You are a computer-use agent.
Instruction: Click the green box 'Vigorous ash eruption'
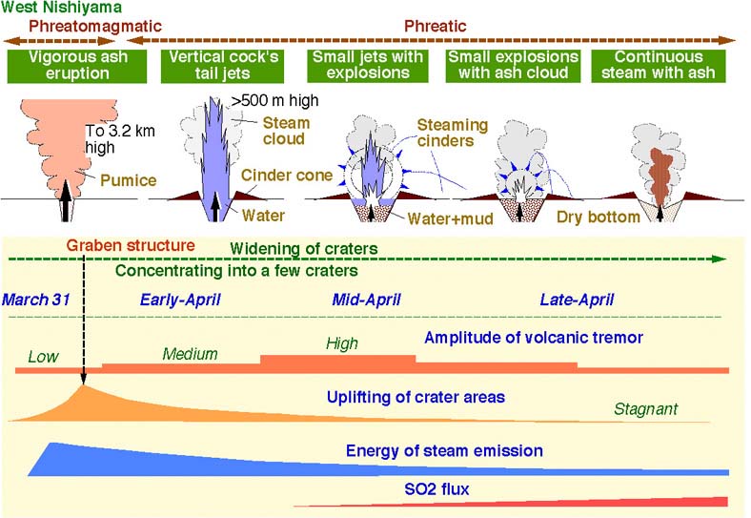click(77, 66)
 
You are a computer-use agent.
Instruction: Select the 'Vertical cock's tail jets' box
click(223, 66)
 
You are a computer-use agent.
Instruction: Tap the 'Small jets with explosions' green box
click(368, 66)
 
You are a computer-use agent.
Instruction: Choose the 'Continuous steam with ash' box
click(659, 66)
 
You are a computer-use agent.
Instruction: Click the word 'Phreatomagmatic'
click(95, 26)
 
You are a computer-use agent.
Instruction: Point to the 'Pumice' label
click(129, 180)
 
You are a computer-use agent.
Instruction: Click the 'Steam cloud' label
click(287, 131)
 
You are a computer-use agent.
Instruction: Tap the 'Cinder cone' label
click(287, 176)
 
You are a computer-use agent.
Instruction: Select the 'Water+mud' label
click(450, 218)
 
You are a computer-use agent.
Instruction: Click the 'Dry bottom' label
click(599, 217)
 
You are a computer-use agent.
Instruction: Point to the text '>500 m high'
click(274, 101)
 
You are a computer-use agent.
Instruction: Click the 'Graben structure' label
click(131, 245)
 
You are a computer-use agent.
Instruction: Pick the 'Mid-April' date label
click(366, 300)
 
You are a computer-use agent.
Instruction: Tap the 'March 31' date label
click(36, 300)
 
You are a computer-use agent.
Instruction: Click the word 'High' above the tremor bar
click(342, 343)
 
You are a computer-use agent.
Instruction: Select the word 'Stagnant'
click(645, 409)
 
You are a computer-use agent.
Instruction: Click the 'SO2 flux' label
click(436, 489)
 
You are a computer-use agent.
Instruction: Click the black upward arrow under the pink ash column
click(66, 200)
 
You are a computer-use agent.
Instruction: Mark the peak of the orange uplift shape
click(83, 385)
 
